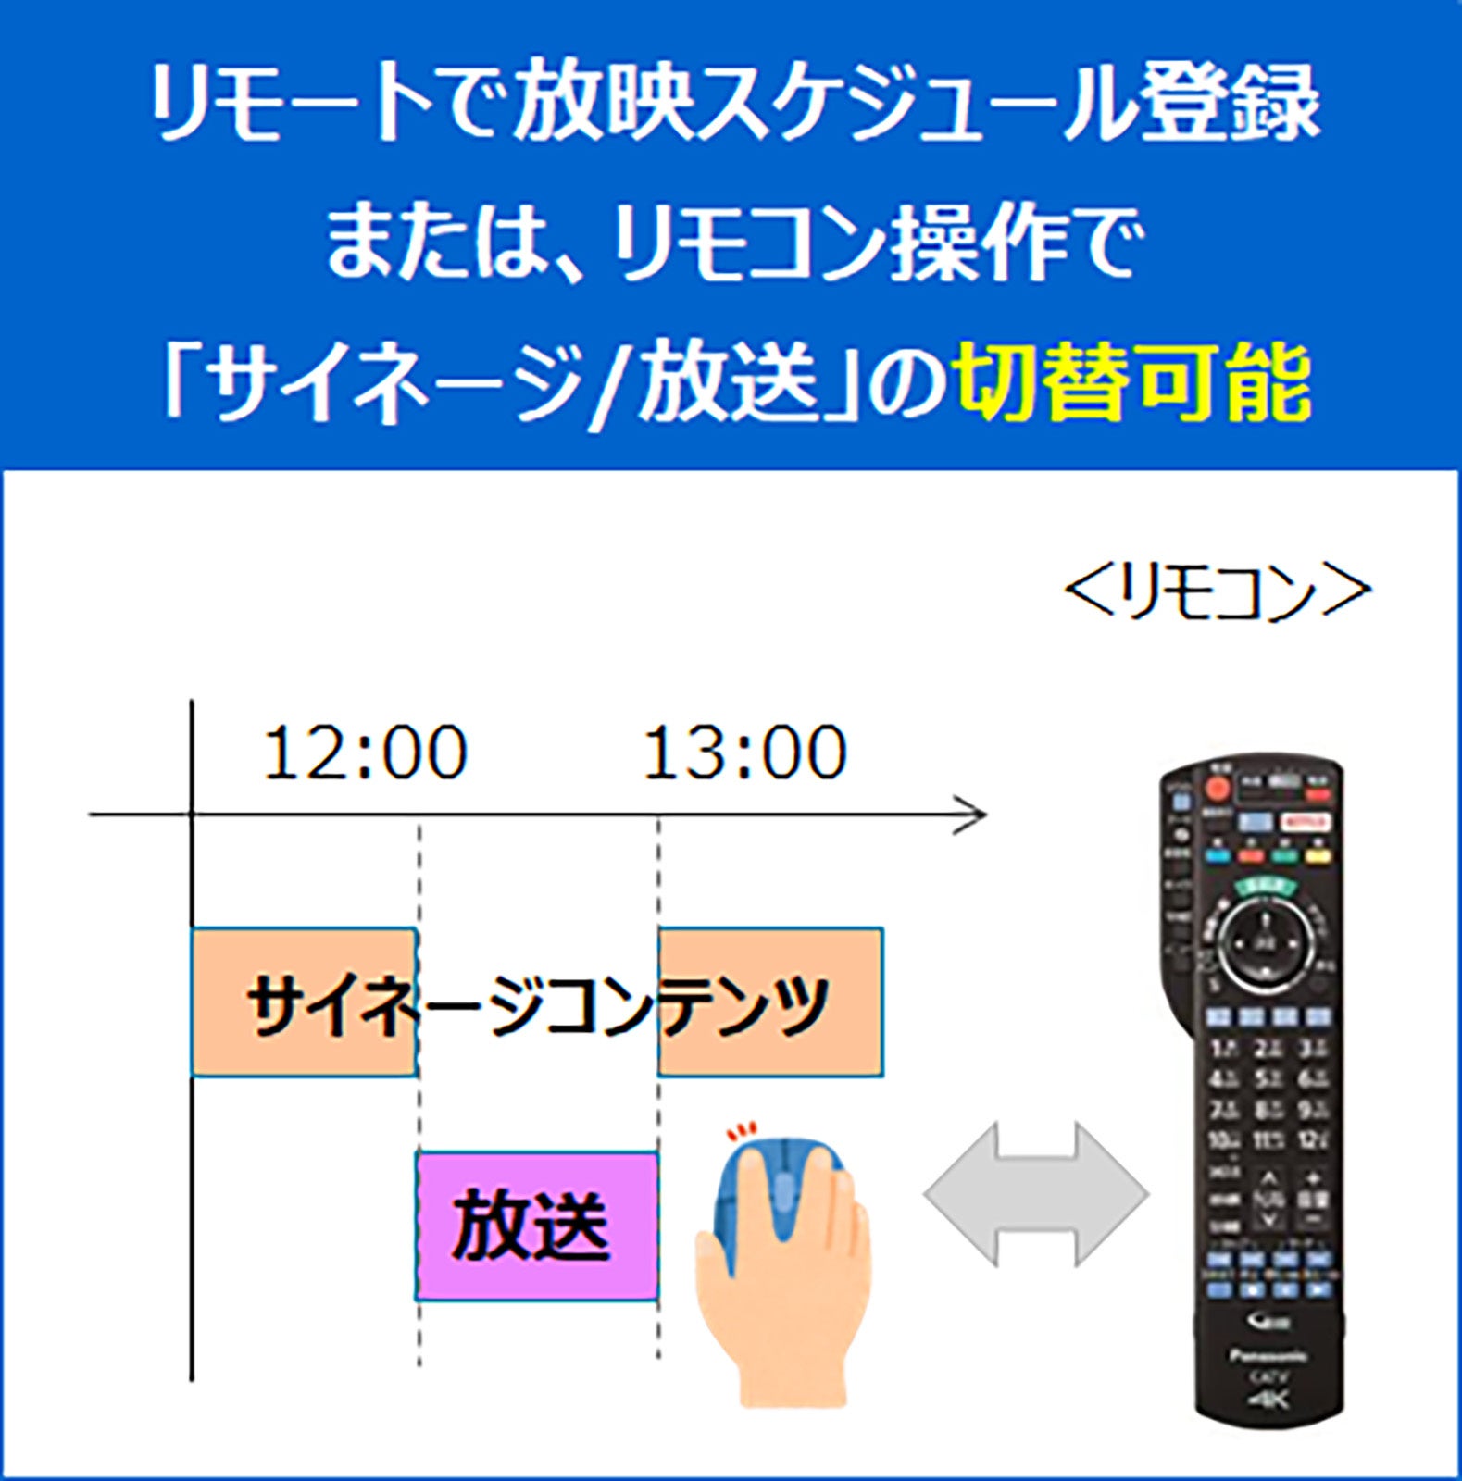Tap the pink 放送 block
pos(536,1226)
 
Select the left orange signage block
pos(303,1002)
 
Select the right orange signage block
pos(770,1002)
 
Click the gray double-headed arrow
pos(1036,1195)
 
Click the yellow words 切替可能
pos(1134,382)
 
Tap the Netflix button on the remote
pos(1306,822)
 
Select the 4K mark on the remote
pos(1268,1400)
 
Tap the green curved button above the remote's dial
pos(1266,886)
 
